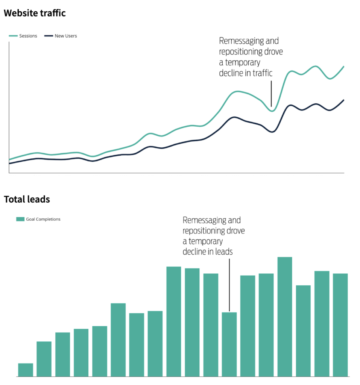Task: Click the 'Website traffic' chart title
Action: tap(35, 13)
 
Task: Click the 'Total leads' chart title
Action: tap(27, 199)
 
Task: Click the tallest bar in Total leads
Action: tap(285, 317)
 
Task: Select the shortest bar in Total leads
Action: tap(26, 370)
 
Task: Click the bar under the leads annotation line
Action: tap(229, 344)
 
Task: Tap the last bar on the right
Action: tap(340, 324)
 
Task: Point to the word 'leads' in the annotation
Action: tap(224, 252)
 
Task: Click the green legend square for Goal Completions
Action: tap(20, 219)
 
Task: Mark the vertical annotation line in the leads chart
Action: tap(229, 284)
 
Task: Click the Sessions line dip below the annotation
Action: tap(272, 111)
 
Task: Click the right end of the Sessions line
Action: tap(344, 67)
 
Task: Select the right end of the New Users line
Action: tap(344, 100)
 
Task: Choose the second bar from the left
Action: tap(44, 359)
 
